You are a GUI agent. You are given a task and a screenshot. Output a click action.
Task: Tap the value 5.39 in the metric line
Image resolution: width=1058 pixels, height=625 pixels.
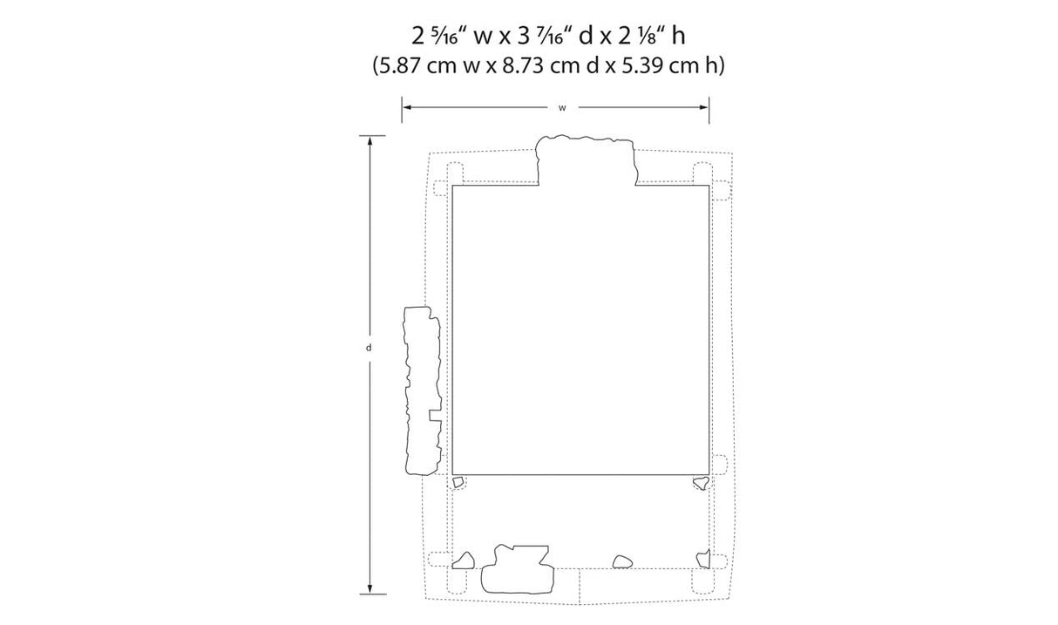[643, 65]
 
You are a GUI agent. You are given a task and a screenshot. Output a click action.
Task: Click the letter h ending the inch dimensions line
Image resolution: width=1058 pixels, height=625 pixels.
[679, 36]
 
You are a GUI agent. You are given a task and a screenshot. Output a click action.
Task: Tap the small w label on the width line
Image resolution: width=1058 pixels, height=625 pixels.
[562, 108]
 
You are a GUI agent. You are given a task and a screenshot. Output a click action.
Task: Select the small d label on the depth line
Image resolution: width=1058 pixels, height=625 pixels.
[369, 348]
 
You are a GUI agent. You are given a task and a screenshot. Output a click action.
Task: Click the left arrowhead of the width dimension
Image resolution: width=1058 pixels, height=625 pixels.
[406, 107]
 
